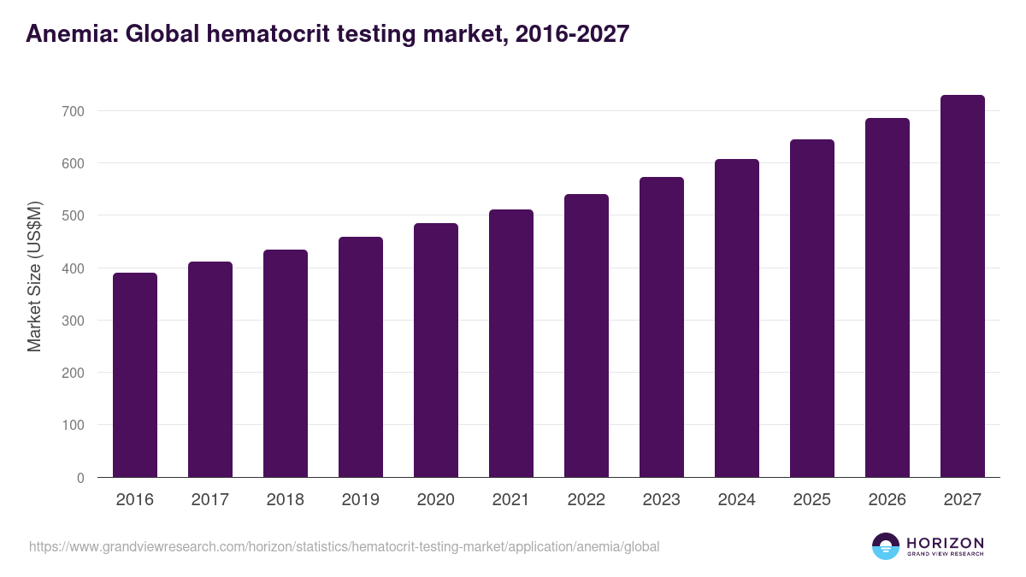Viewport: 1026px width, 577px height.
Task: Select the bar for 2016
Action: pyautogui.click(x=135, y=375)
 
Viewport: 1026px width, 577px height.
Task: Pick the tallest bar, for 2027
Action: pyautogui.click(x=963, y=286)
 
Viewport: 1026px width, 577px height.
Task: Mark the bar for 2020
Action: pyautogui.click(x=436, y=350)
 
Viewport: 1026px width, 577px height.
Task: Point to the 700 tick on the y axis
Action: pyautogui.click(x=74, y=111)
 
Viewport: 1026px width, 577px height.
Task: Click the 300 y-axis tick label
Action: pyautogui.click(x=74, y=321)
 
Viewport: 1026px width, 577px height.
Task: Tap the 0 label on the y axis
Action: pyautogui.click(x=81, y=478)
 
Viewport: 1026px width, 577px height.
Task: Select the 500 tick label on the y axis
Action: pyautogui.click(x=74, y=215)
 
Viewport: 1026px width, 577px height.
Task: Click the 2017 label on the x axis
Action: pyautogui.click(x=210, y=500)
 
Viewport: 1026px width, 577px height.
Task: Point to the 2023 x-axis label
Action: pyautogui.click(x=662, y=500)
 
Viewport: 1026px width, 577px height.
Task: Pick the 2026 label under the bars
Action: pyautogui.click(x=887, y=500)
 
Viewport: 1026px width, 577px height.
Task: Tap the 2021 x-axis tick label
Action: pyautogui.click(x=511, y=500)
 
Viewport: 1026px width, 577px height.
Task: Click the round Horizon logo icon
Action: pyautogui.click(x=886, y=546)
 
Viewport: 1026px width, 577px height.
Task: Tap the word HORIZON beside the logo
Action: pyautogui.click(x=945, y=543)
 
